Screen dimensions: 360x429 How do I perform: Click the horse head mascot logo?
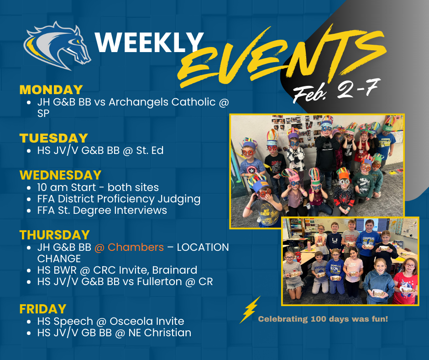point(58,46)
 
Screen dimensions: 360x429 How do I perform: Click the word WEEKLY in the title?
point(149,43)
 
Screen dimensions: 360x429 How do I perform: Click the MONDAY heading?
point(51,90)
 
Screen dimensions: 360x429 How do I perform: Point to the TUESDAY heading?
point(54,138)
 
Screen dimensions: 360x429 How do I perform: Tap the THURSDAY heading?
point(55,235)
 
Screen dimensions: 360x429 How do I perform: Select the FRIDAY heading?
point(43,309)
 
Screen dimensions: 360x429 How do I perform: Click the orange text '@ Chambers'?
point(129,247)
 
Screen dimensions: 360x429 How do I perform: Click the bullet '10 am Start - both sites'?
point(98,187)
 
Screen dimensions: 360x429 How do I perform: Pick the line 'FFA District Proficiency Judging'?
point(119,199)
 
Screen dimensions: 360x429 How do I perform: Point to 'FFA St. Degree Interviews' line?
point(102,210)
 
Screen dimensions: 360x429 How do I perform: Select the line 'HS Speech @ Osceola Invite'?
point(110,321)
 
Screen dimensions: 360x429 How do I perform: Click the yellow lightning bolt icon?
point(250,310)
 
